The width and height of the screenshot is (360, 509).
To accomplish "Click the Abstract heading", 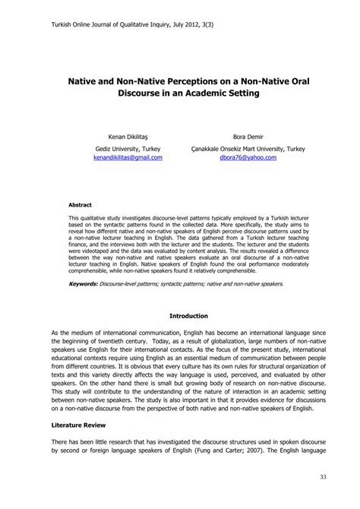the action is (x=81, y=205).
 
